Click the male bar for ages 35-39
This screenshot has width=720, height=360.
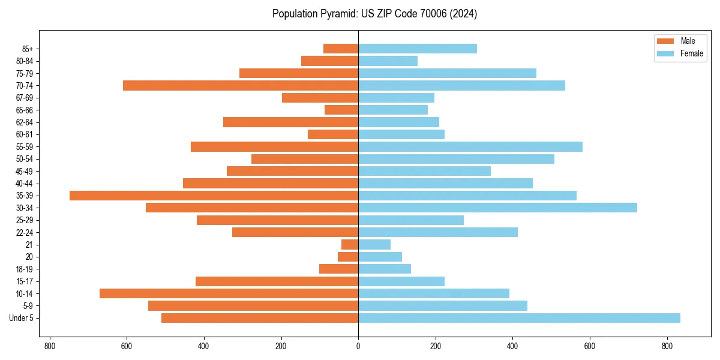[214, 196]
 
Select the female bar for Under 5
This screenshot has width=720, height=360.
[519, 318]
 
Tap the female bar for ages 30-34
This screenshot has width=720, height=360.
[497, 208]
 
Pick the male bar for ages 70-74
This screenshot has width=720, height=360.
[241, 86]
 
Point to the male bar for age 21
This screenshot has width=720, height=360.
[350, 245]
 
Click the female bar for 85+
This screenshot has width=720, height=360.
[418, 49]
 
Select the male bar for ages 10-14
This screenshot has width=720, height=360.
[229, 293]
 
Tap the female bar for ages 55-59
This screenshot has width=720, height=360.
[470, 147]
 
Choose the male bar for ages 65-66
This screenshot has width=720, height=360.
[341, 110]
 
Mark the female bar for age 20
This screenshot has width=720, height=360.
[380, 257]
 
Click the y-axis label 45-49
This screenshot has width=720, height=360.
[25, 172]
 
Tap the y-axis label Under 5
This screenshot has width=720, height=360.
[22, 318]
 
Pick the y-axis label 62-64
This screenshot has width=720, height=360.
[25, 122]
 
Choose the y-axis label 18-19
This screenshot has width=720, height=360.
[25, 269]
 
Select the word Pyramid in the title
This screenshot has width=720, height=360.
[338, 14]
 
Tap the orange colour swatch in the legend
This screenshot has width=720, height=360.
[665, 41]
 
